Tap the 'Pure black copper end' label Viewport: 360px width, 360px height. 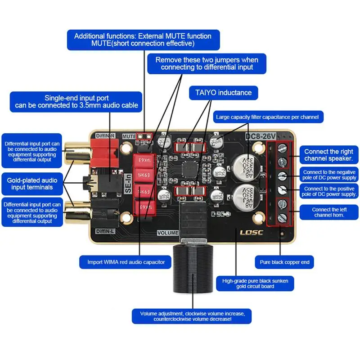point(284,262)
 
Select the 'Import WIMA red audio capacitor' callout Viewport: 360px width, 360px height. point(123,262)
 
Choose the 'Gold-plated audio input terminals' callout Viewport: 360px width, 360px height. point(30,184)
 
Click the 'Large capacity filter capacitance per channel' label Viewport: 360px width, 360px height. point(267,117)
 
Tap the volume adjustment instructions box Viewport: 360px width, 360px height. point(192,316)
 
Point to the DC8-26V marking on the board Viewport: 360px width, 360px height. point(259,137)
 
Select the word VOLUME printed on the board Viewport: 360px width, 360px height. point(167,233)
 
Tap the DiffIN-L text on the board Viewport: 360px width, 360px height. point(106,231)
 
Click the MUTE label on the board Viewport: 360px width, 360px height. point(129,135)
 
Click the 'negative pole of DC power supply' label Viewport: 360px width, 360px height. point(330,175)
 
